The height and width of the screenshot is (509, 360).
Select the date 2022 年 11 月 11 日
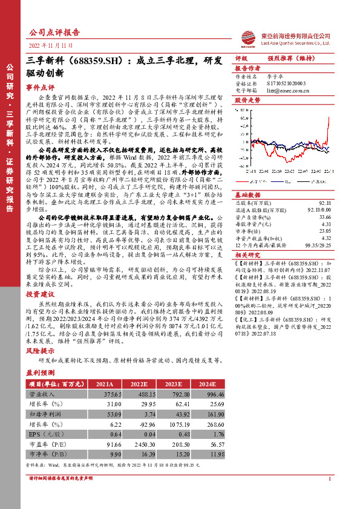(x=51, y=46)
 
